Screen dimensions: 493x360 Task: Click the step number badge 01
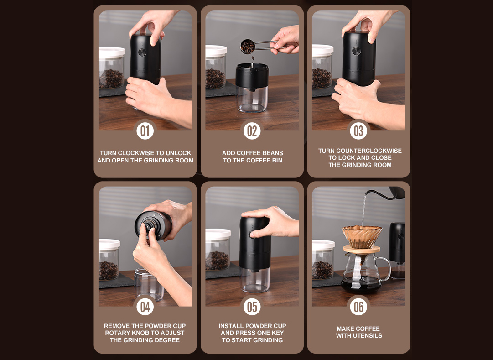(145, 130)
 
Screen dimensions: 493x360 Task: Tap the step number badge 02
(252, 130)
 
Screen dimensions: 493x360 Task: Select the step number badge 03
(358, 130)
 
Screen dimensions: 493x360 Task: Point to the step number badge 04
(145, 306)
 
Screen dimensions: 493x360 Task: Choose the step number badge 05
(252, 306)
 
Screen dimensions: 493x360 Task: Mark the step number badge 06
(358, 306)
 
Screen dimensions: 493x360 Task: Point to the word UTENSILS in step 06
(367, 336)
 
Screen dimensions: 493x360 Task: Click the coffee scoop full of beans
(248, 47)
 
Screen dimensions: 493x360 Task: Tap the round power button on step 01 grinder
(142, 52)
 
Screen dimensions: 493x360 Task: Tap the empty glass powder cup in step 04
(149, 285)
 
